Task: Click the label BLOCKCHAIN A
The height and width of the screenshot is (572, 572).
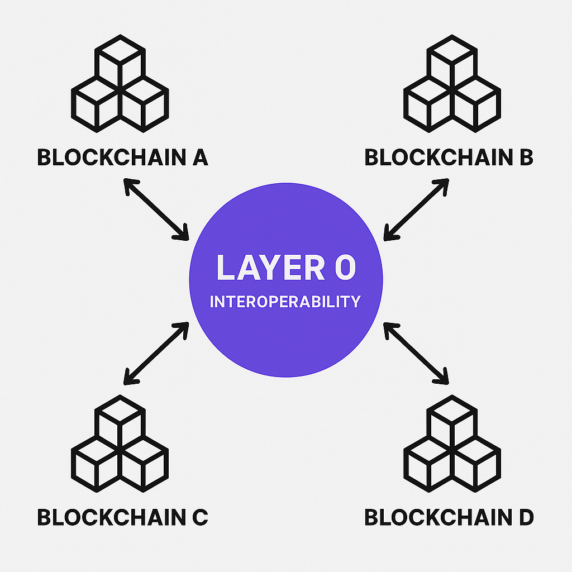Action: tap(122, 158)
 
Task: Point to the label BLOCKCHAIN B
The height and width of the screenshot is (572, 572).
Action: tap(449, 158)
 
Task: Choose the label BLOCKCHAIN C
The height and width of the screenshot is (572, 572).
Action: tap(122, 517)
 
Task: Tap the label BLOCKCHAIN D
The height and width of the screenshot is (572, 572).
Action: tap(449, 517)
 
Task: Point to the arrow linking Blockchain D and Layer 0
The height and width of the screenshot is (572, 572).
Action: tap(416, 353)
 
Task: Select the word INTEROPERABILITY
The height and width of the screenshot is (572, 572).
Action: tap(285, 302)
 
